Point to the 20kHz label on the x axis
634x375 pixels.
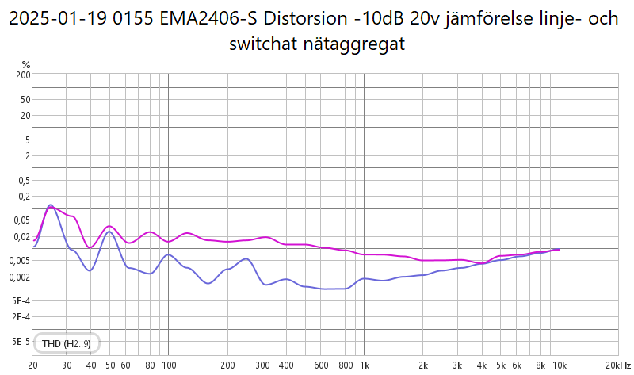pyautogui.click(x=618, y=365)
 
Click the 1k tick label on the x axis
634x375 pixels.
pyautogui.click(x=364, y=365)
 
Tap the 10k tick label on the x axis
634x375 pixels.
pyautogui.click(x=560, y=365)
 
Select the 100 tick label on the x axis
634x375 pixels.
pyautogui.click(x=168, y=365)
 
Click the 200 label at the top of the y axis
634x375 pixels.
pyautogui.click(x=22, y=75)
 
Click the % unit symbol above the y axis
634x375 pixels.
pyautogui.click(x=26, y=64)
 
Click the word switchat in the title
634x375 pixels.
pyautogui.click(x=259, y=44)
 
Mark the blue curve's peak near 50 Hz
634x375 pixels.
pyautogui.click(x=109, y=232)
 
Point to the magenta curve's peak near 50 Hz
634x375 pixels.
pyautogui.click(x=109, y=226)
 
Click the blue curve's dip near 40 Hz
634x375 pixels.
pyautogui.click(x=90, y=270)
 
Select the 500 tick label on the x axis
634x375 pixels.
pyautogui.click(x=305, y=365)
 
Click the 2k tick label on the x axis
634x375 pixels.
pyautogui.click(x=423, y=365)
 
